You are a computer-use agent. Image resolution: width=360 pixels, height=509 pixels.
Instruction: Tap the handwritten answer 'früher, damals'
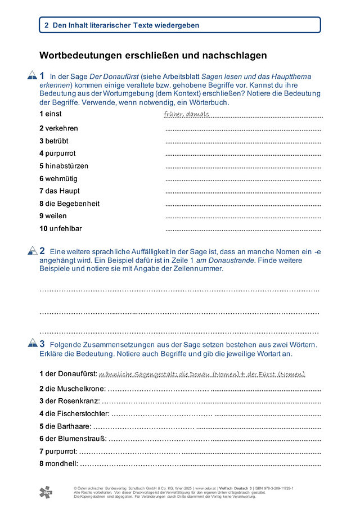186,114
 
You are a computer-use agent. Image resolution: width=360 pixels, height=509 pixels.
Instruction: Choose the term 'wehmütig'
60,178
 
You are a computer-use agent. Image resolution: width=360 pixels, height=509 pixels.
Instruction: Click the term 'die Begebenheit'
72,204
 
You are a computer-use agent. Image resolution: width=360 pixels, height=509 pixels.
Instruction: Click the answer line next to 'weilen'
243,217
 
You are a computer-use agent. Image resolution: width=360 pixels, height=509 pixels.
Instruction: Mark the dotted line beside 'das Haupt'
243,191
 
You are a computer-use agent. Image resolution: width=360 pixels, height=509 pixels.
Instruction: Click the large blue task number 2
42,250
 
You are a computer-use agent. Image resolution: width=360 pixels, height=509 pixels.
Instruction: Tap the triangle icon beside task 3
32,344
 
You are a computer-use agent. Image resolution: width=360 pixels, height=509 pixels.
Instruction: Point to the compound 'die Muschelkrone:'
75,388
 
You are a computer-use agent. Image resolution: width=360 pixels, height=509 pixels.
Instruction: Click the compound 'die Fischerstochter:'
78,413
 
